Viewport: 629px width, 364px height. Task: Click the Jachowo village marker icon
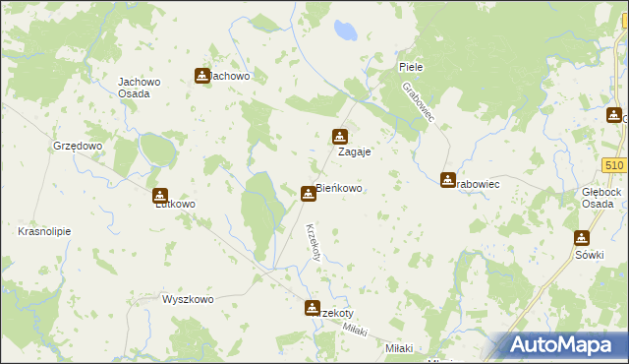pos(202,76)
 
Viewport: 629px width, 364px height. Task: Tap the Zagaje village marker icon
pos(340,137)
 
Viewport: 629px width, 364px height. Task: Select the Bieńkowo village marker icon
pos(309,194)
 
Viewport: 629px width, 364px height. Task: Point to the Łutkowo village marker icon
pos(160,196)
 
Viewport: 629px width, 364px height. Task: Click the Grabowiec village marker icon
pos(448,181)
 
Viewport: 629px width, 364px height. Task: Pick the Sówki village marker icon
pos(582,238)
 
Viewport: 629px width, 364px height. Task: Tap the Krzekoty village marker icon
pos(313,308)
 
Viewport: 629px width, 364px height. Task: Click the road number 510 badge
pos(616,165)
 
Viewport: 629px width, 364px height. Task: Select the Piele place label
pos(411,67)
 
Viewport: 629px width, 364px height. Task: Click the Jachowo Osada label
pos(134,88)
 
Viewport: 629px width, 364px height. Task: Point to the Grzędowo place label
pos(78,146)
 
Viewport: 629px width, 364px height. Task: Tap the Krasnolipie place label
pos(42,232)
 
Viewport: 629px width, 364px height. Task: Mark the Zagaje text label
pos(354,153)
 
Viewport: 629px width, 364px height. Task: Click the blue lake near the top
pos(344,31)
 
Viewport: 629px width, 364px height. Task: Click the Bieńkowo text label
pos(341,188)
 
